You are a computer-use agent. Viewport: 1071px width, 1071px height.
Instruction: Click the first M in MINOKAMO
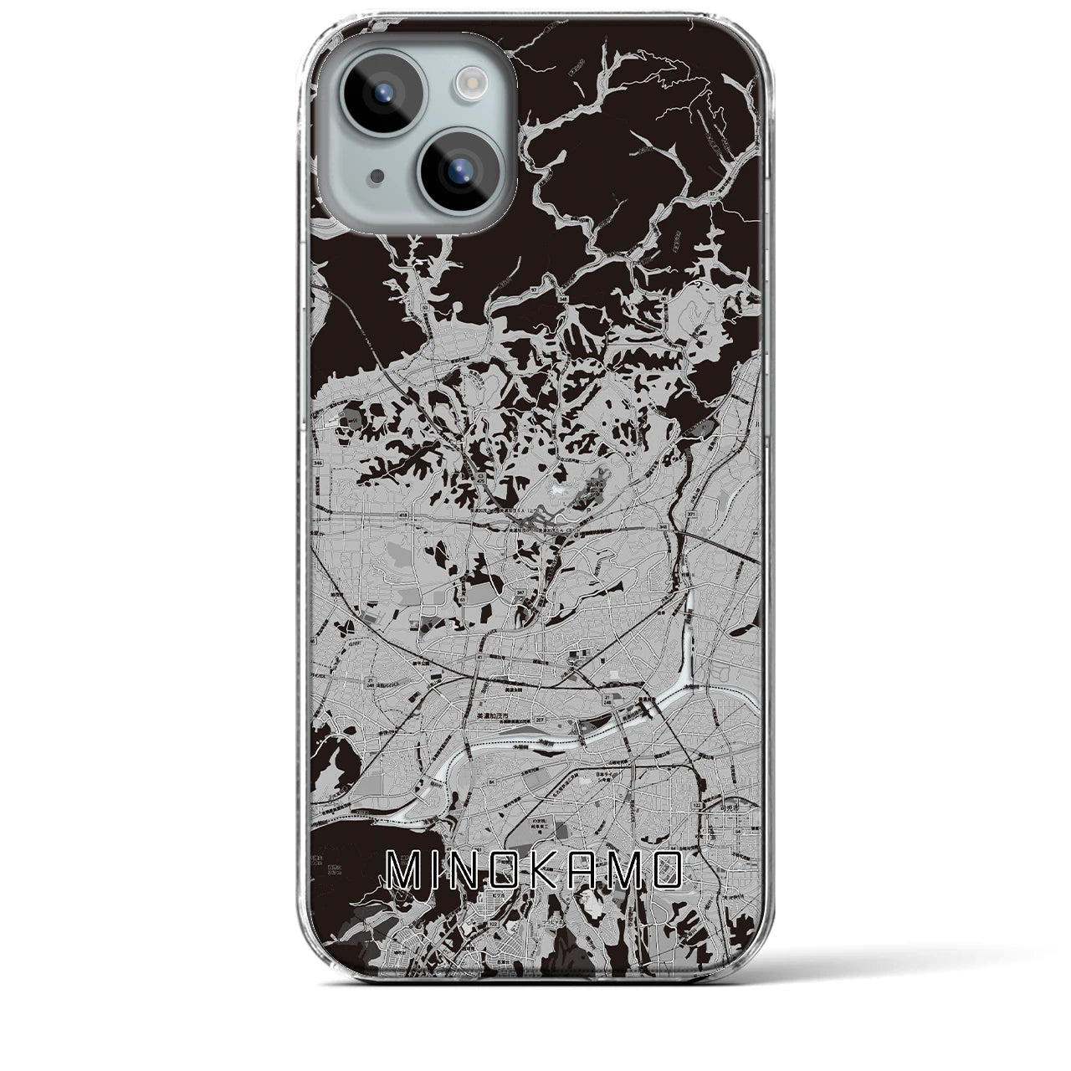pos(405,872)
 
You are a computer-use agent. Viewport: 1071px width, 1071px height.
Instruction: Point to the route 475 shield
pos(479,479)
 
